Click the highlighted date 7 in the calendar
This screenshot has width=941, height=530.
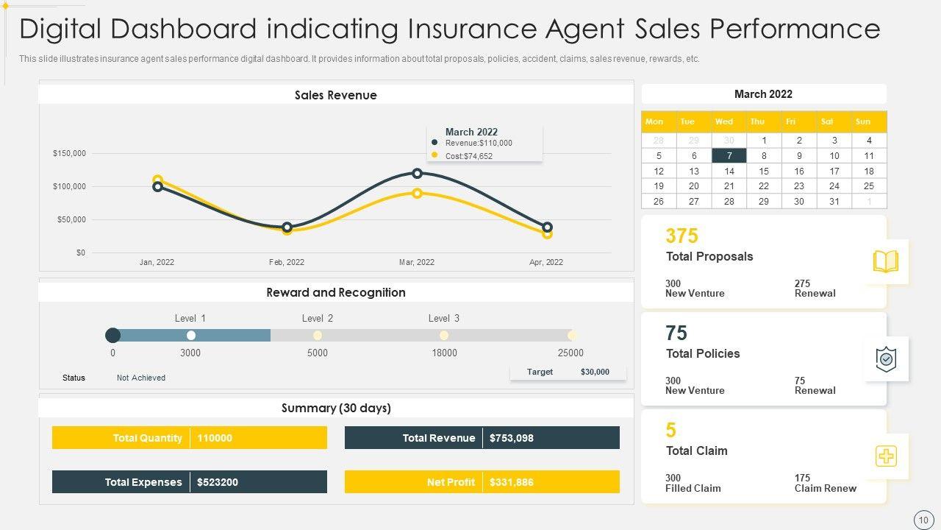[x=729, y=155]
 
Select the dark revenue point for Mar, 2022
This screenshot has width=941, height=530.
[x=417, y=174]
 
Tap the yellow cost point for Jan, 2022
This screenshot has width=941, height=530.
[x=157, y=180]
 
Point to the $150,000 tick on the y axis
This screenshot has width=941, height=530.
[x=69, y=153]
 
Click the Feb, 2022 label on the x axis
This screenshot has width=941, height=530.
[x=287, y=262]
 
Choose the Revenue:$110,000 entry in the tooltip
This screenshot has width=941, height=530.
[x=478, y=143]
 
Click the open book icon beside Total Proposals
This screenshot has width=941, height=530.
[x=885, y=261]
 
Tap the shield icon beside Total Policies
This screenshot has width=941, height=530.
[x=886, y=359]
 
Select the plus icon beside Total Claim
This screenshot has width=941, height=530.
[x=886, y=456]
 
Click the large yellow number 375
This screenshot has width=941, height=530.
[x=681, y=236]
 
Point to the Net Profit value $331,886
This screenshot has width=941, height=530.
[x=511, y=482]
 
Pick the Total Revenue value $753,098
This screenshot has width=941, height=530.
[x=511, y=438]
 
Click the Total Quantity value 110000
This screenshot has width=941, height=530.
[x=215, y=438]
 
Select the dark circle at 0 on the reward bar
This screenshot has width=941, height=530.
[x=113, y=336]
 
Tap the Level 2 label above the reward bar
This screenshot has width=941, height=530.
[x=318, y=318]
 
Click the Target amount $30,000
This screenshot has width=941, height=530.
[x=595, y=372]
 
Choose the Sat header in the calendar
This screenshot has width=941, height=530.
[x=827, y=121]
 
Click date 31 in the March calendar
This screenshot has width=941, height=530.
[x=834, y=202]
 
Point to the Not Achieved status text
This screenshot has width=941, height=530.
[x=141, y=378]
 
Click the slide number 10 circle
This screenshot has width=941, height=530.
[x=923, y=520]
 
